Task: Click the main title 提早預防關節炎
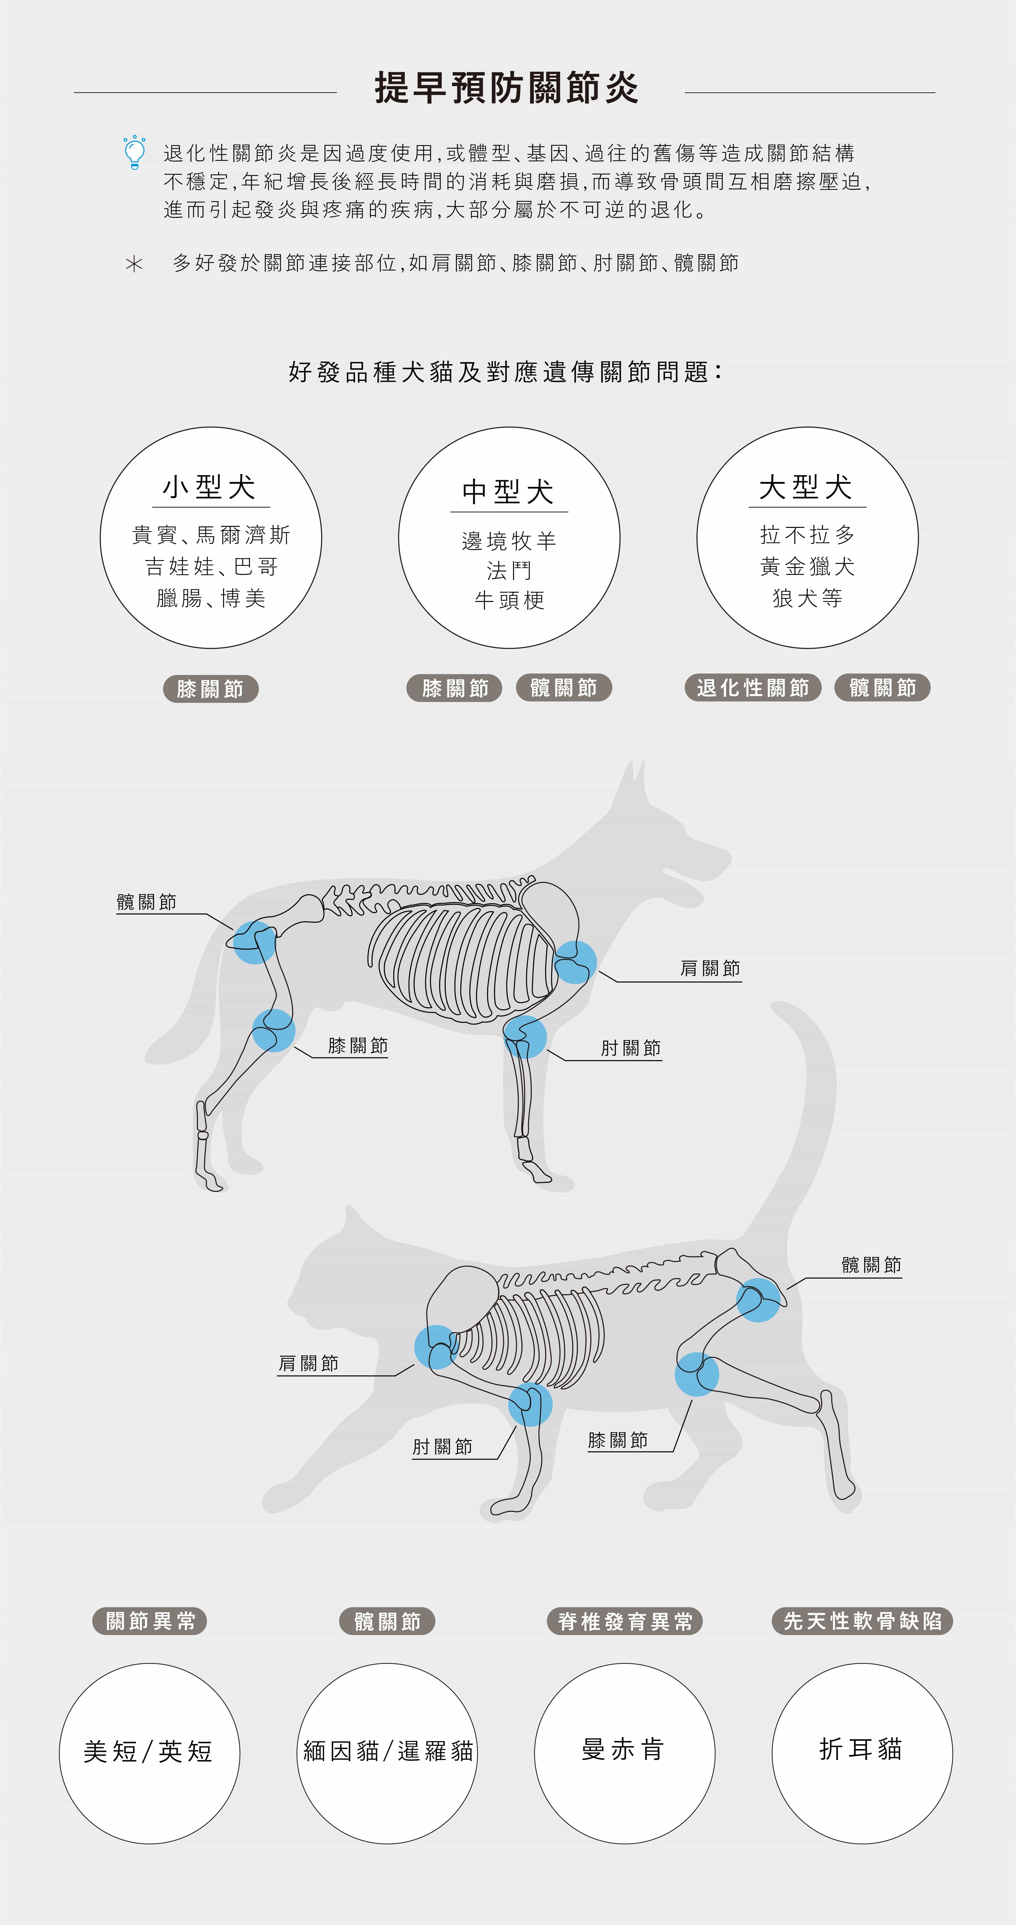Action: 507,88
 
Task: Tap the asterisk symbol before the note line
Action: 134,264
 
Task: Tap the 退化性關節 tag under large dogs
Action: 753,687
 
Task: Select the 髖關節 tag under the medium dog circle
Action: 564,687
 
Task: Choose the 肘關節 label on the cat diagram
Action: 443,1447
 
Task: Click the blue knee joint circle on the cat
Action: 697,1374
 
